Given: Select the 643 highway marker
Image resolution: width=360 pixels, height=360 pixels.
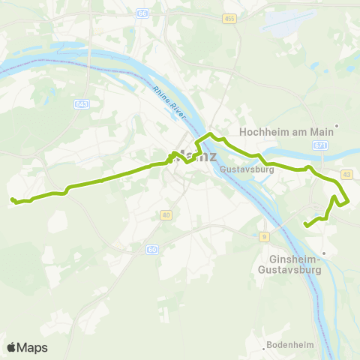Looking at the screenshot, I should (x=82, y=103).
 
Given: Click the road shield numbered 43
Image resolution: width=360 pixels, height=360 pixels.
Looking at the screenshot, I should (x=346, y=174).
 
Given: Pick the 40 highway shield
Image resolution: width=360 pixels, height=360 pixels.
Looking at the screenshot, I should (x=166, y=215).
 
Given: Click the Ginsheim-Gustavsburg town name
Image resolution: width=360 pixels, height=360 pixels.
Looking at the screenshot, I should (x=289, y=264).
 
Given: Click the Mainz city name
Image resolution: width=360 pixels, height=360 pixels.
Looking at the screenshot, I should (x=196, y=157).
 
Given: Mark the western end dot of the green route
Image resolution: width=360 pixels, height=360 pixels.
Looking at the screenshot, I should (x=13, y=199).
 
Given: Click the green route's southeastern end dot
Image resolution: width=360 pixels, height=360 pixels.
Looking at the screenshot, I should (x=305, y=224).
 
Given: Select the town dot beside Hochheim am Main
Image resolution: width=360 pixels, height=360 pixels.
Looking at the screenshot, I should (x=338, y=126).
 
